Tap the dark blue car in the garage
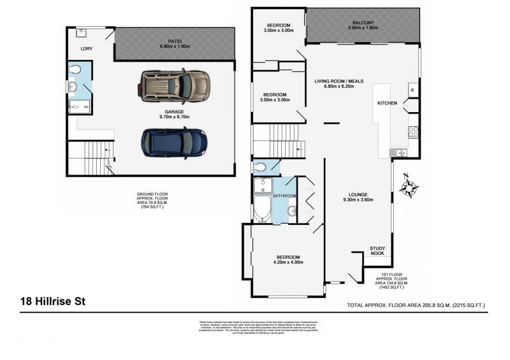[174, 142]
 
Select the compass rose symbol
[409, 187]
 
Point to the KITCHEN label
[388, 103]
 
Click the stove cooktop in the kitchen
[413, 132]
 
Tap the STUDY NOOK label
[377, 251]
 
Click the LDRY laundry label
[86, 48]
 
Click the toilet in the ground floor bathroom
[75, 69]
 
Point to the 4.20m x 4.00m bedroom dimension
[287, 262]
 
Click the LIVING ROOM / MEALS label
[339, 81]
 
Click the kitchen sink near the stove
[400, 152]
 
